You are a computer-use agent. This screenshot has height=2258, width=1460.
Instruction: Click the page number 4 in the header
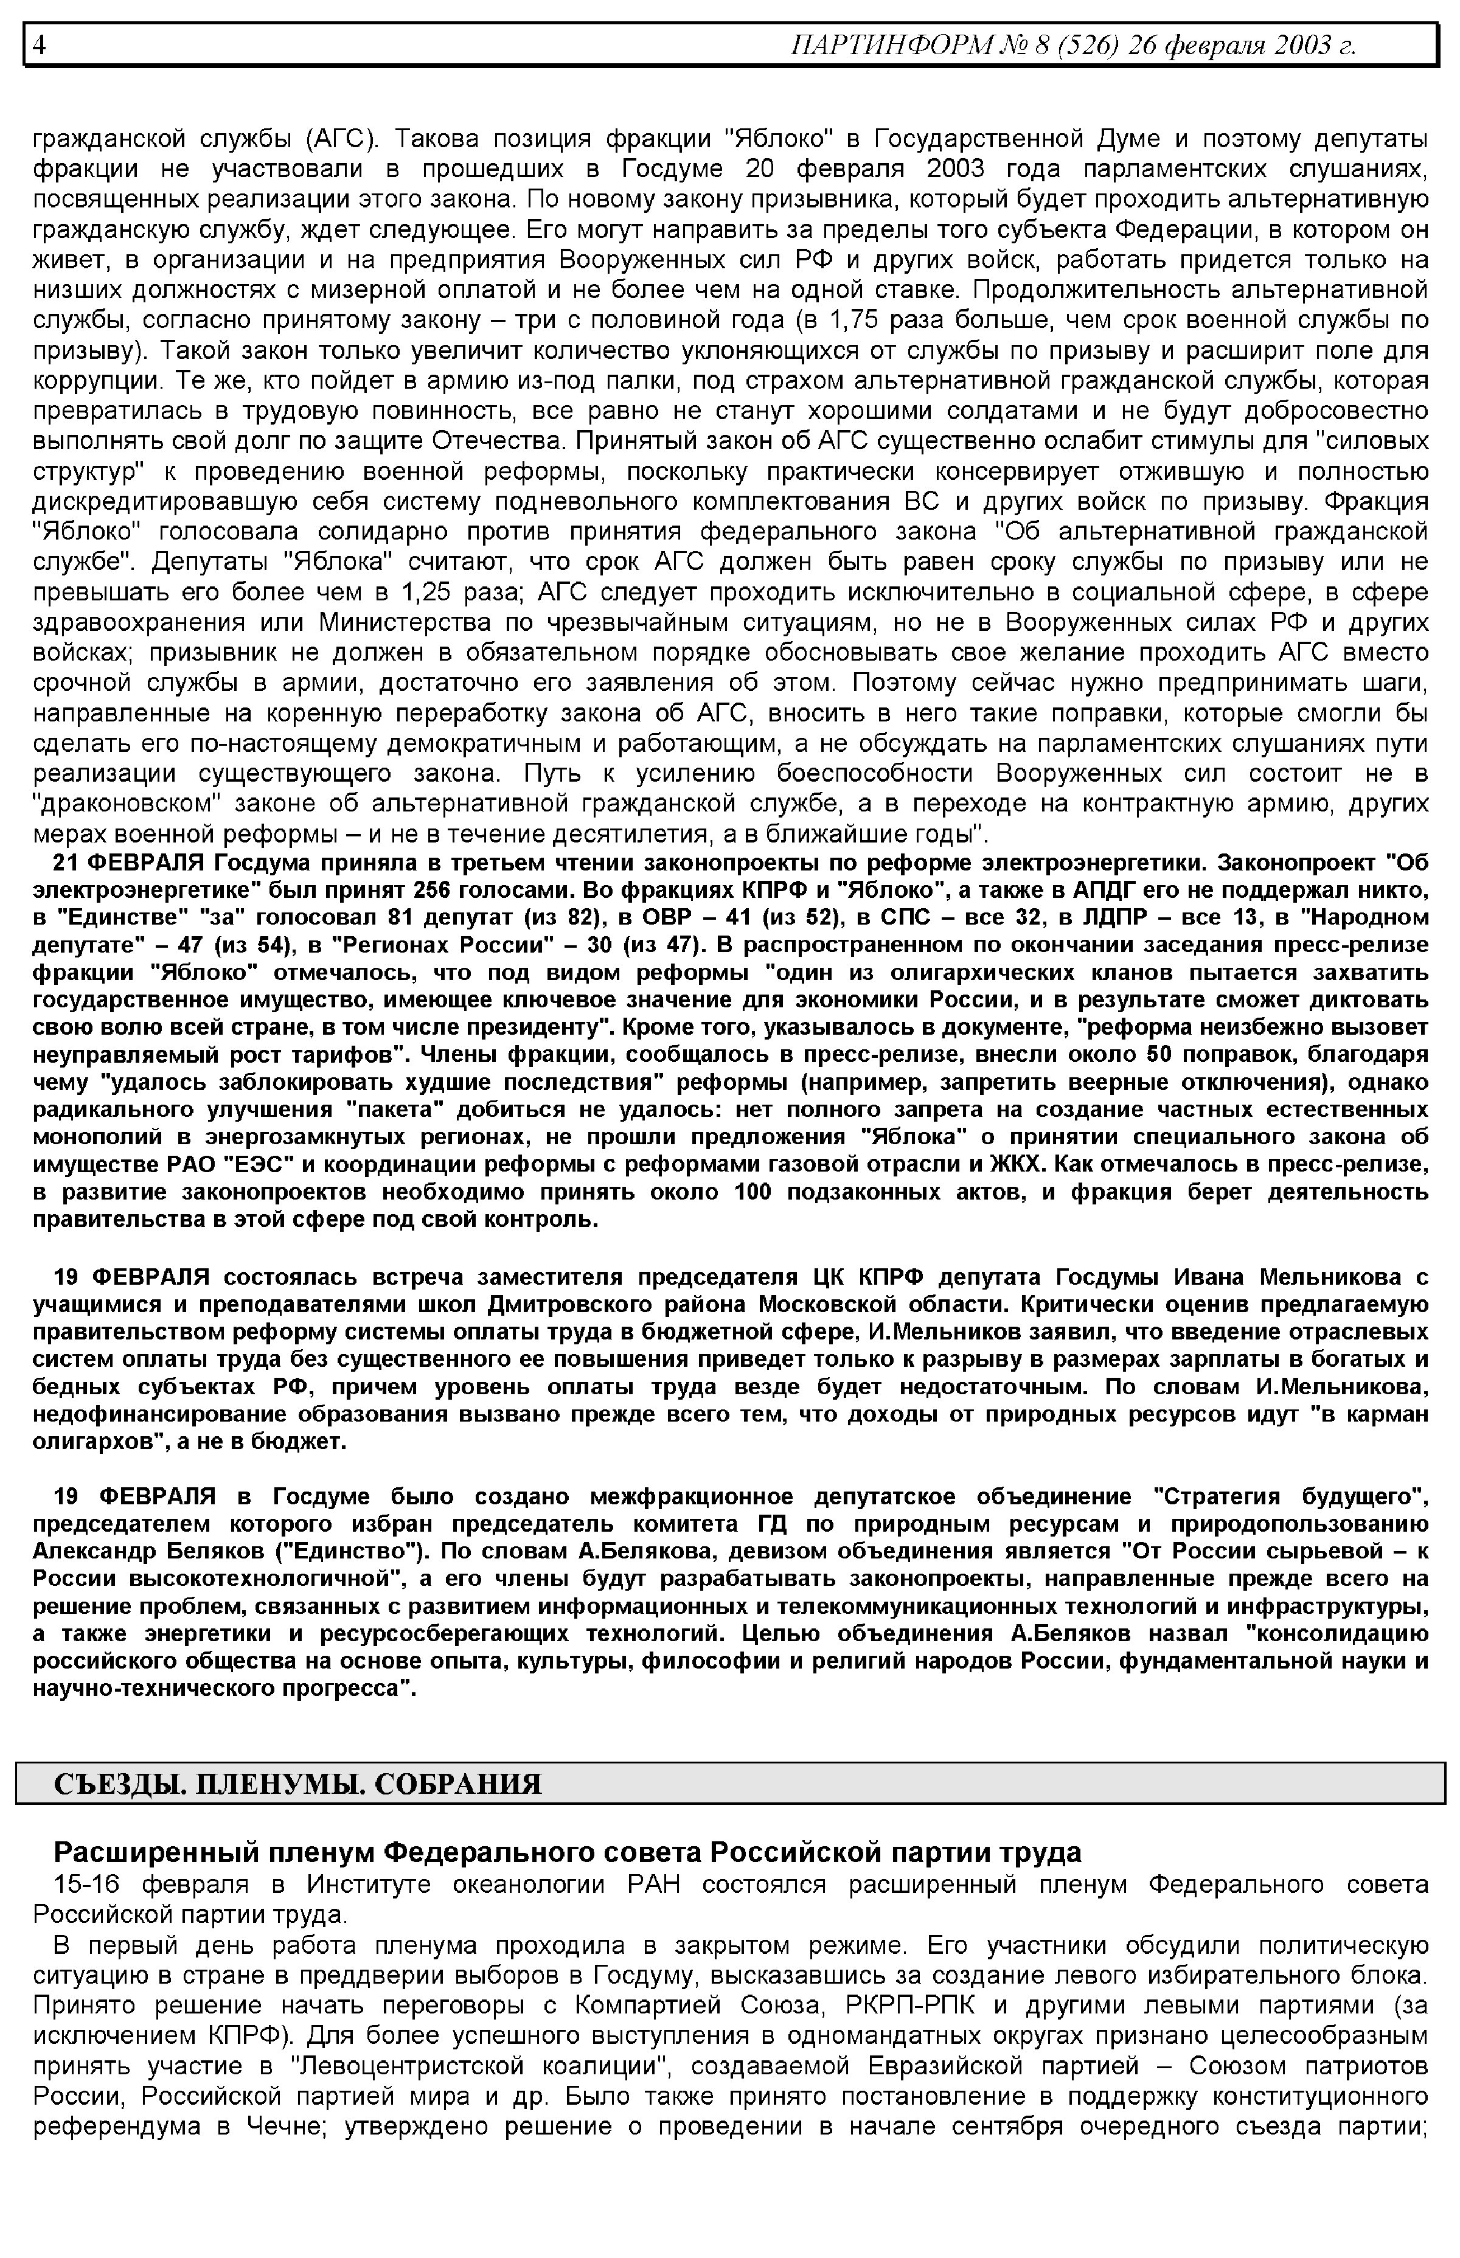tap(39, 44)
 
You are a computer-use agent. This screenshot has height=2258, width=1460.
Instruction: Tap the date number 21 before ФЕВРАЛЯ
tap(66, 864)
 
